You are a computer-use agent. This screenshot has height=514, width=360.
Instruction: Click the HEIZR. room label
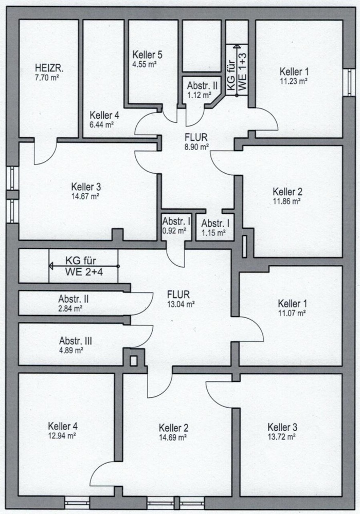tap(46, 68)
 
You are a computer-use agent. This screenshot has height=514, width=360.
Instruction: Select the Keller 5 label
tap(147, 55)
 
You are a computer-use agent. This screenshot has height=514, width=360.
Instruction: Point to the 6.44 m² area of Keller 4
tap(101, 124)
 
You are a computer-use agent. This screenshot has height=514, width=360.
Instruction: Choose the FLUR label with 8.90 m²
tap(196, 137)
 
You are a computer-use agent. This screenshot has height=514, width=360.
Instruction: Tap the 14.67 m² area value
tap(85, 195)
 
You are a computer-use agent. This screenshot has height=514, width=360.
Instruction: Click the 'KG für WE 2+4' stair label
tap(84, 266)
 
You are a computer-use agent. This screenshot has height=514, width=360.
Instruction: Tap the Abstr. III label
tap(76, 341)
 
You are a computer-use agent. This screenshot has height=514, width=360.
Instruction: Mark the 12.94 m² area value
tap(63, 435)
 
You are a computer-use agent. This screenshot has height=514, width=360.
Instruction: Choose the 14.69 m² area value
tap(173, 437)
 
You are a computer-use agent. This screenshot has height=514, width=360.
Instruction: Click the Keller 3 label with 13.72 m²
tap(282, 427)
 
